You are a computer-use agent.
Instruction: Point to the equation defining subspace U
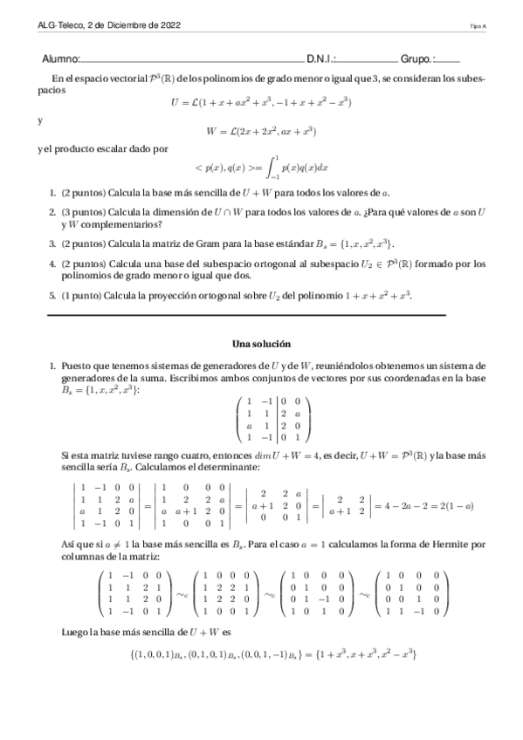(261, 102)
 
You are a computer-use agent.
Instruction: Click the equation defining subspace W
(261, 132)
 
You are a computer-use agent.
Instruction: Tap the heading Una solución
(261, 344)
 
